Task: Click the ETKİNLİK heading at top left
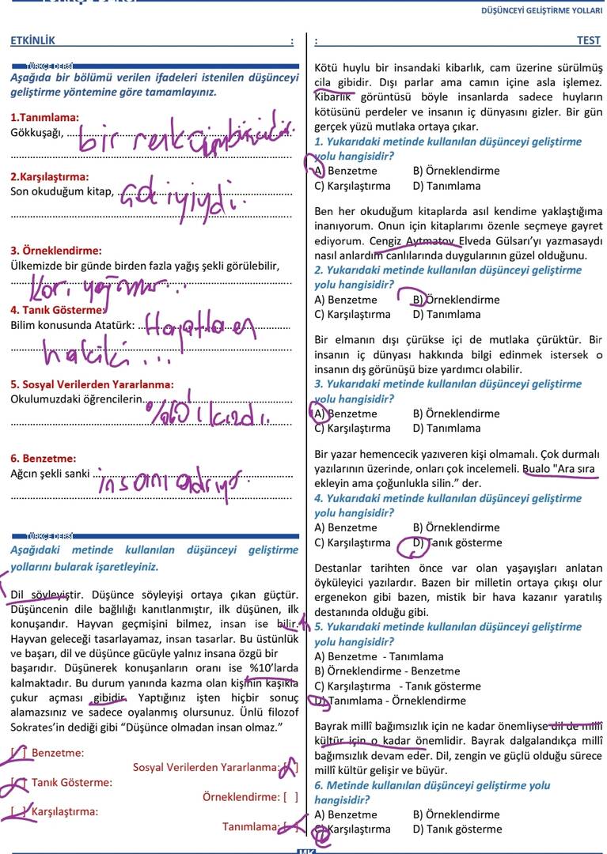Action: click(33, 40)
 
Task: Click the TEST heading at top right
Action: click(589, 40)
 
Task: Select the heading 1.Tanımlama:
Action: click(39, 118)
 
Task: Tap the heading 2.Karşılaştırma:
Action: click(49, 176)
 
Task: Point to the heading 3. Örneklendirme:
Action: click(55, 251)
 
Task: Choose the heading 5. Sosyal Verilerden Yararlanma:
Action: click(92, 384)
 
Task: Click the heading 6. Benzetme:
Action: click(44, 458)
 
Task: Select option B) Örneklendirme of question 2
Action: click(456, 300)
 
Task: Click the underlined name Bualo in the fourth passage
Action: click(537, 469)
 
